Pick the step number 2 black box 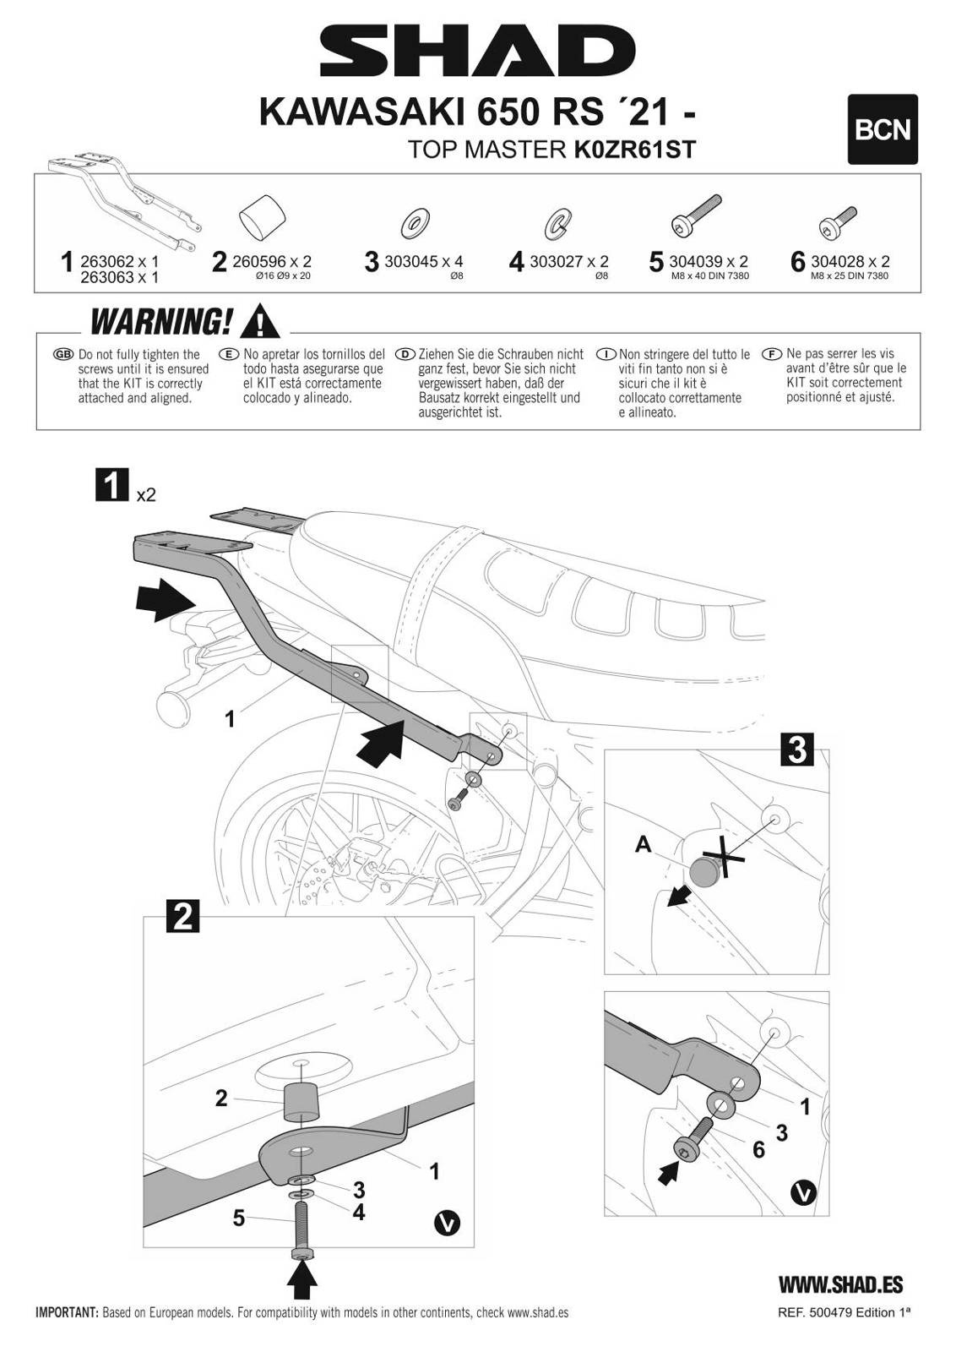184,916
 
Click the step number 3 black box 796,750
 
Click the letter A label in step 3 644,843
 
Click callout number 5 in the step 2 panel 239,1218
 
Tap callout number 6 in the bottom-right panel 758,1149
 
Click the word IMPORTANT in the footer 67,1313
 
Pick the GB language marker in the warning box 63,354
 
